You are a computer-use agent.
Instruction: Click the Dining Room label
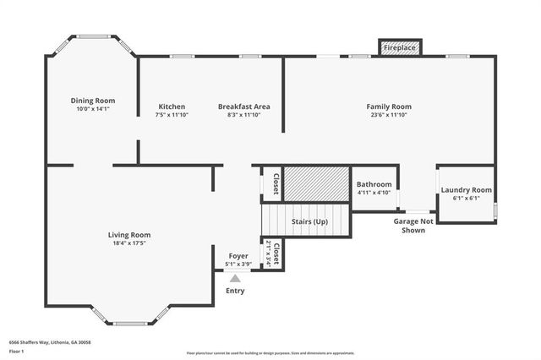(x=93, y=100)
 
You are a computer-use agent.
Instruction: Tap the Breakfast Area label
(x=243, y=106)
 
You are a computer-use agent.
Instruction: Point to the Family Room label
(x=389, y=106)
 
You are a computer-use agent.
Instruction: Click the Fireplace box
(x=400, y=48)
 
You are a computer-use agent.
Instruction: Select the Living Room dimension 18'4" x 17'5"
(x=128, y=244)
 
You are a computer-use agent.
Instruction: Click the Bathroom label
(x=374, y=184)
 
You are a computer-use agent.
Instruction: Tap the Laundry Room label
(x=466, y=190)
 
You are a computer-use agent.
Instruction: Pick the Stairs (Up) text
(x=309, y=221)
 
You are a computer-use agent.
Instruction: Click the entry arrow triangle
(x=235, y=276)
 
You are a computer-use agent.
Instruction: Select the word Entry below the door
(x=235, y=291)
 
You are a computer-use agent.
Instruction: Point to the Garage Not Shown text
(x=413, y=226)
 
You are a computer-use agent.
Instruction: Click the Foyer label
(x=238, y=255)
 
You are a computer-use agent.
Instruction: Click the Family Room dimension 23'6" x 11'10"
(x=389, y=116)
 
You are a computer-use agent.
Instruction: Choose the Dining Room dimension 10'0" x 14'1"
(x=93, y=109)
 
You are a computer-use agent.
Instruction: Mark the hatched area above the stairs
(x=316, y=182)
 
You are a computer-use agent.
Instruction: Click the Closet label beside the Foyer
(x=275, y=254)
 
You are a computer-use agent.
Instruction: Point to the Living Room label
(x=128, y=235)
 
